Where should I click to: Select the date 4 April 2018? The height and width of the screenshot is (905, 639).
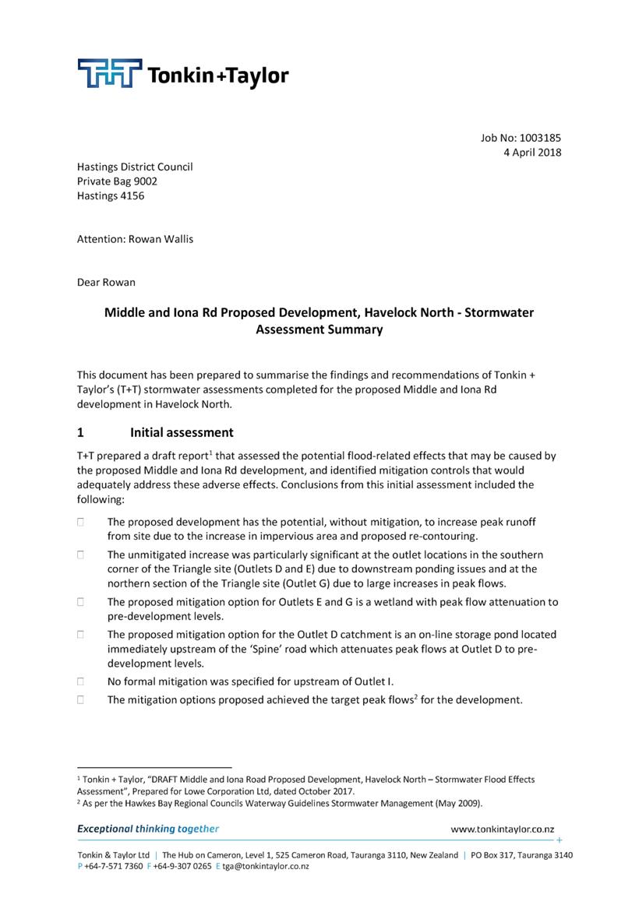coord(532,153)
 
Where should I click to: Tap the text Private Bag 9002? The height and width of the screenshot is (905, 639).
coord(117,181)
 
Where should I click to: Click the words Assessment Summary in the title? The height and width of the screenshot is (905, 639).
coord(319,329)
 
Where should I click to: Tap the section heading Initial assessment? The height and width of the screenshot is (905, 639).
coord(182,432)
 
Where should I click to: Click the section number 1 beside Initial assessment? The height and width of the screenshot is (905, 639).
coord(80,432)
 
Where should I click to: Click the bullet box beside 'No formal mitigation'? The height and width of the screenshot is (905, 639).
coord(80,681)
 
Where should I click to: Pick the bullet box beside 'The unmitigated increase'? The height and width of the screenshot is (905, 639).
coord(80,555)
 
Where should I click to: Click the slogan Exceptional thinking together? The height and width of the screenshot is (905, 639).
coord(148,829)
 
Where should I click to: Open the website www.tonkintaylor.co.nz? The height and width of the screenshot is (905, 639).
coord(503,829)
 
